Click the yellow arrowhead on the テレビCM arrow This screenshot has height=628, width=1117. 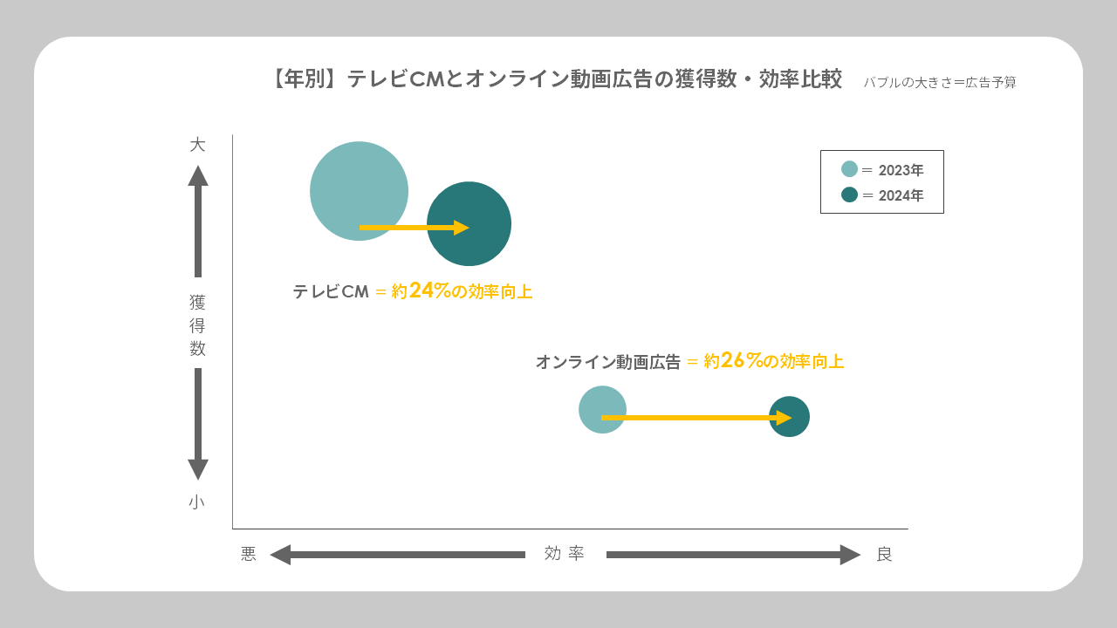pyautogui.click(x=462, y=228)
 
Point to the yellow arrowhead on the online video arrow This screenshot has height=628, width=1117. pyautogui.click(x=784, y=418)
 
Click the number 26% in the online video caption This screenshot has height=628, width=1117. pyautogui.click(x=742, y=360)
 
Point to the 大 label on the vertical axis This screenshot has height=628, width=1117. pyautogui.click(x=197, y=145)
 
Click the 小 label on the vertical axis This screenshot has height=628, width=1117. pyautogui.click(x=197, y=502)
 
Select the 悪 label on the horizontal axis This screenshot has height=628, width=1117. pyautogui.click(x=249, y=555)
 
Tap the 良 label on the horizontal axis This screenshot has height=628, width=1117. pyautogui.click(x=884, y=555)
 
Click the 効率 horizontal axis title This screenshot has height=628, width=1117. pyautogui.click(x=565, y=554)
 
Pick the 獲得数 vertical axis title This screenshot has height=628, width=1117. pyautogui.click(x=197, y=325)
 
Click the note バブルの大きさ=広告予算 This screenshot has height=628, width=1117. pyautogui.click(x=940, y=83)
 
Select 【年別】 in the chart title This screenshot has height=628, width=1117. pyautogui.click(x=304, y=79)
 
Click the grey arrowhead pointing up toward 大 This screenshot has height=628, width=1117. pyautogui.click(x=198, y=175)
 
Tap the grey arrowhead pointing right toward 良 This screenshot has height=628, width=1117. pyautogui.click(x=850, y=555)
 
